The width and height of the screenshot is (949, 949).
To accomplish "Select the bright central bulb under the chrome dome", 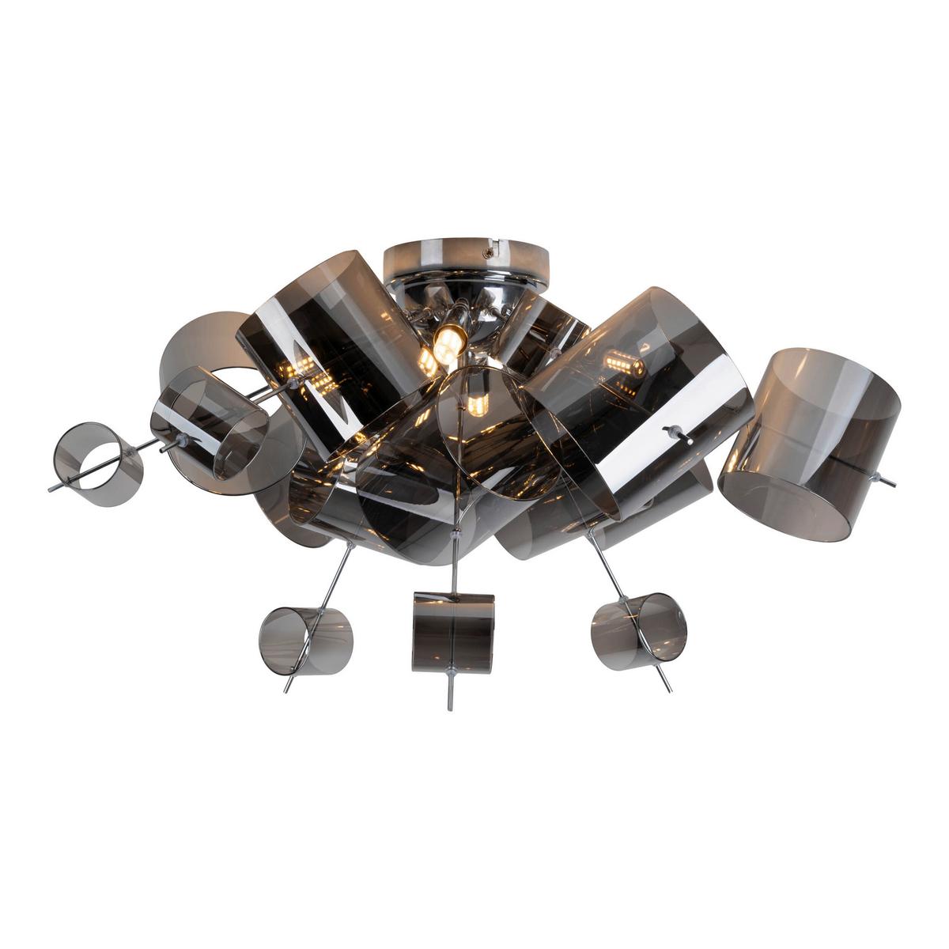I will tap(447, 342).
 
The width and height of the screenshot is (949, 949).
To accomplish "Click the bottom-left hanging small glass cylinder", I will tap(306, 639).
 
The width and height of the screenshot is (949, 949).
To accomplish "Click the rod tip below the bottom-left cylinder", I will tap(286, 690).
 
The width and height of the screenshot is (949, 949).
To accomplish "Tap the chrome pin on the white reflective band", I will tap(676, 434).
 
